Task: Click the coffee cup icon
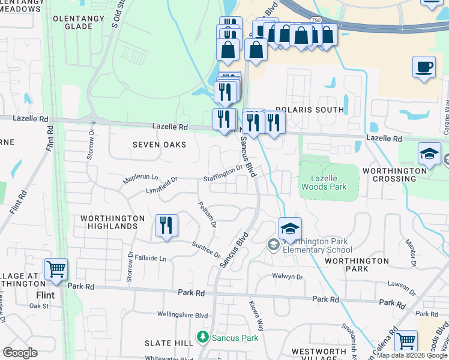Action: pyautogui.click(x=424, y=67)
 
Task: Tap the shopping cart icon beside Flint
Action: pyautogui.click(x=56, y=269)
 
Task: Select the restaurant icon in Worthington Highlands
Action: pyautogui.click(x=166, y=226)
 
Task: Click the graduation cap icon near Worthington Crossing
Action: pyautogui.click(x=430, y=154)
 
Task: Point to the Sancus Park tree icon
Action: pyautogui.click(x=203, y=338)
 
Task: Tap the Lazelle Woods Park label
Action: pyautogui.click(x=328, y=183)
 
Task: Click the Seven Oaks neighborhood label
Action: pyautogui.click(x=159, y=145)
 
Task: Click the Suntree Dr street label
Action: pyautogui.click(x=206, y=250)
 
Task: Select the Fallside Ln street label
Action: pyautogui.click(x=150, y=259)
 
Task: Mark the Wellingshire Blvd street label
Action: pyautogui.click(x=182, y=314)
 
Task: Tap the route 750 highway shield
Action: pyautogui.click(x=315, y=20)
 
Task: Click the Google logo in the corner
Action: pyautogui.click(x=20, y=352)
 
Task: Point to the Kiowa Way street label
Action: pyautogui.click(x=257, y=316)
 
